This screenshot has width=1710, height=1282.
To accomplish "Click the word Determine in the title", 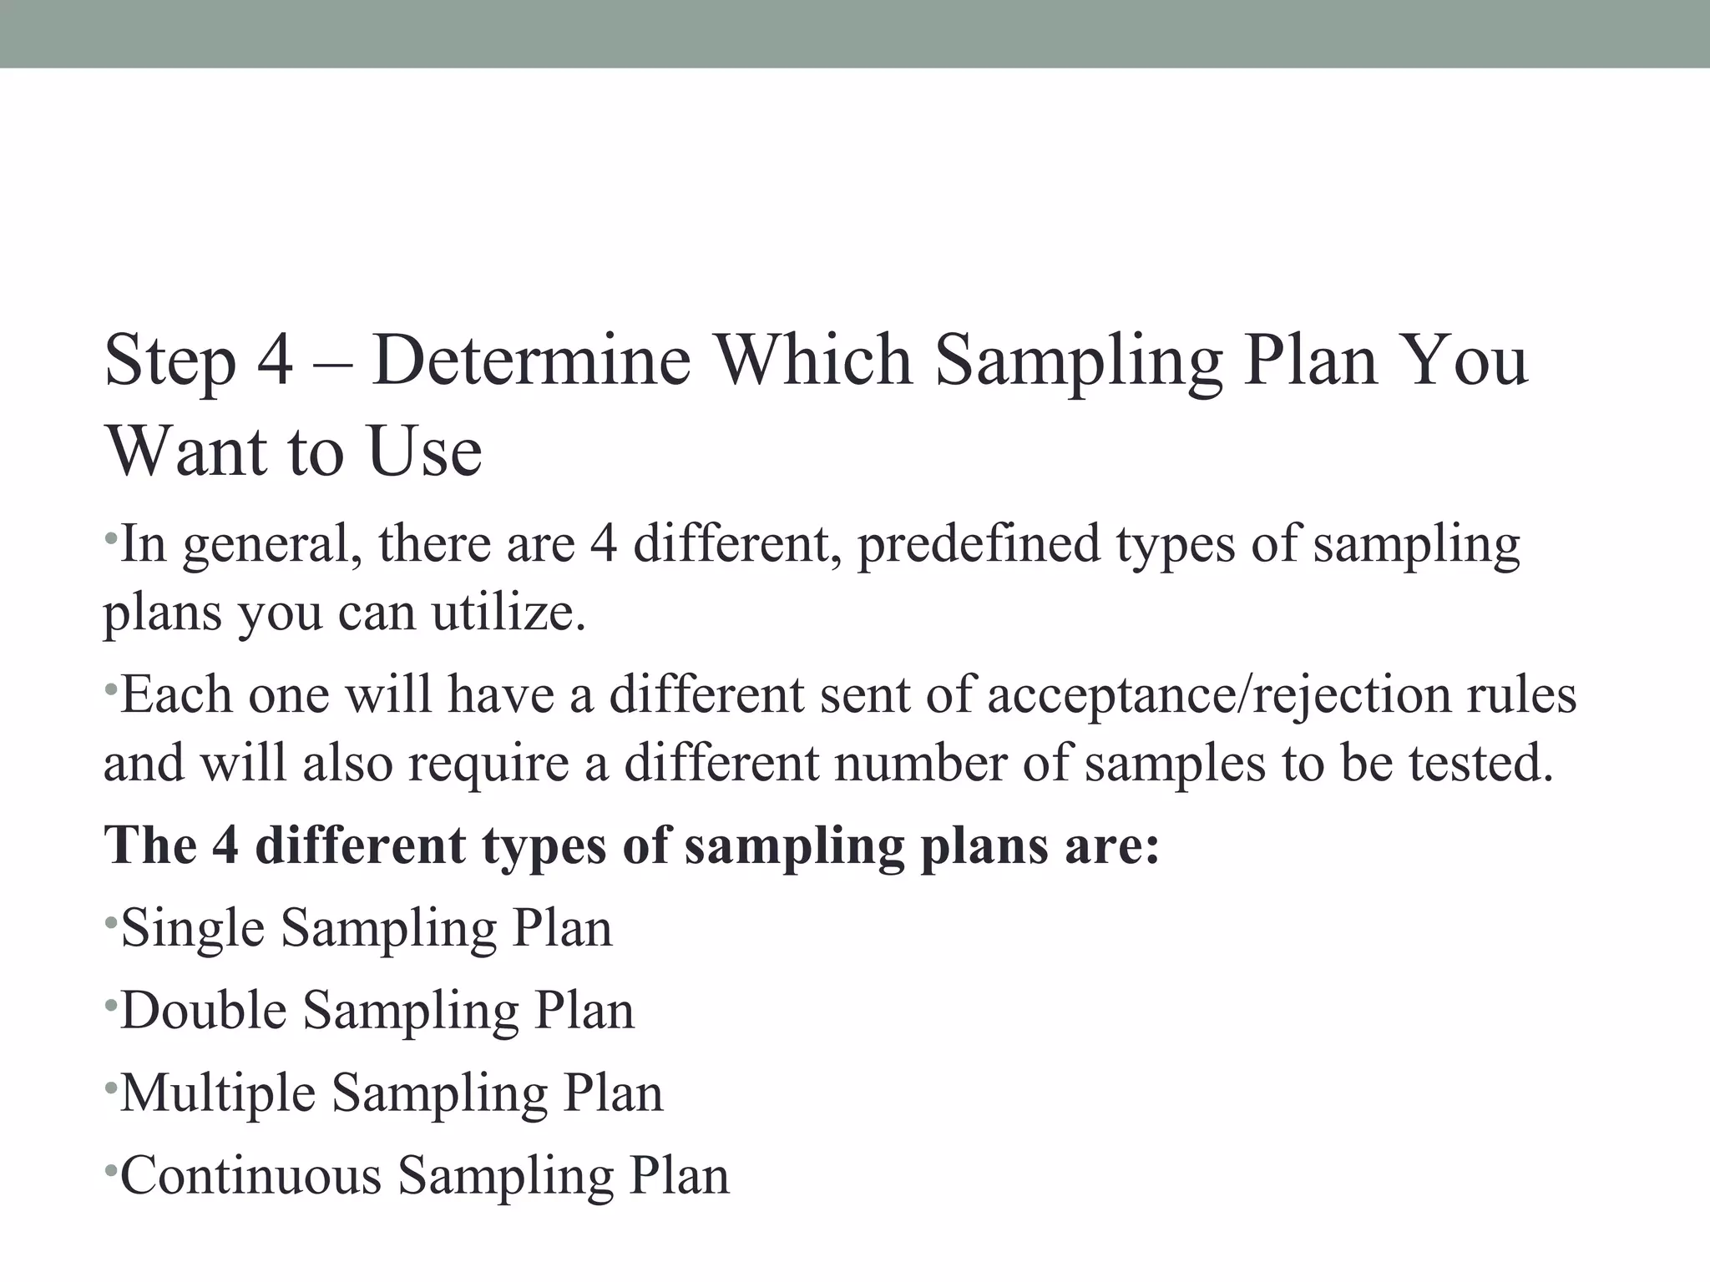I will (x=532, y=361).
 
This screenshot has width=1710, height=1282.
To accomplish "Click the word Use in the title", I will (x=425, y=452).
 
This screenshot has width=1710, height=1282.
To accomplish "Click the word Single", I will (x=193, y=928).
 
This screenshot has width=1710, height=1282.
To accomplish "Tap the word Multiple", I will (x=218, y=1093).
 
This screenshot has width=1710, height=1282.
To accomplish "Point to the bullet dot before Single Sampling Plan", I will (x=110, y=921).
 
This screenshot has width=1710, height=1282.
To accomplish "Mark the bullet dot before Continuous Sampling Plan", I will (x=110, y=1168).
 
